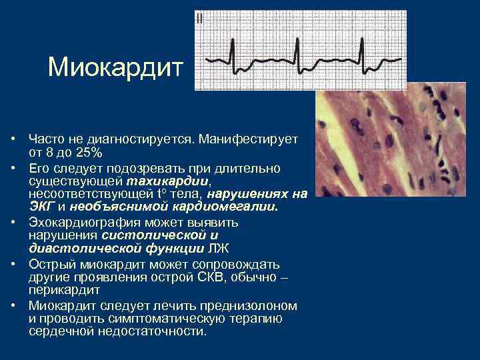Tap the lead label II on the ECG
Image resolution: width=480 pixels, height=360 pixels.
click(x=200, y=19)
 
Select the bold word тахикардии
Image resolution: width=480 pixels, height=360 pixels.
click(x=177, y=181)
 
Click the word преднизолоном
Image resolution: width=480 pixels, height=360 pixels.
click(x=257, y=306)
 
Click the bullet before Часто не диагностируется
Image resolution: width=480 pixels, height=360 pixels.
click(x=13, y=139)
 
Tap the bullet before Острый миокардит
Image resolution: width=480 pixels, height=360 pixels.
click(x=13, y=265)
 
